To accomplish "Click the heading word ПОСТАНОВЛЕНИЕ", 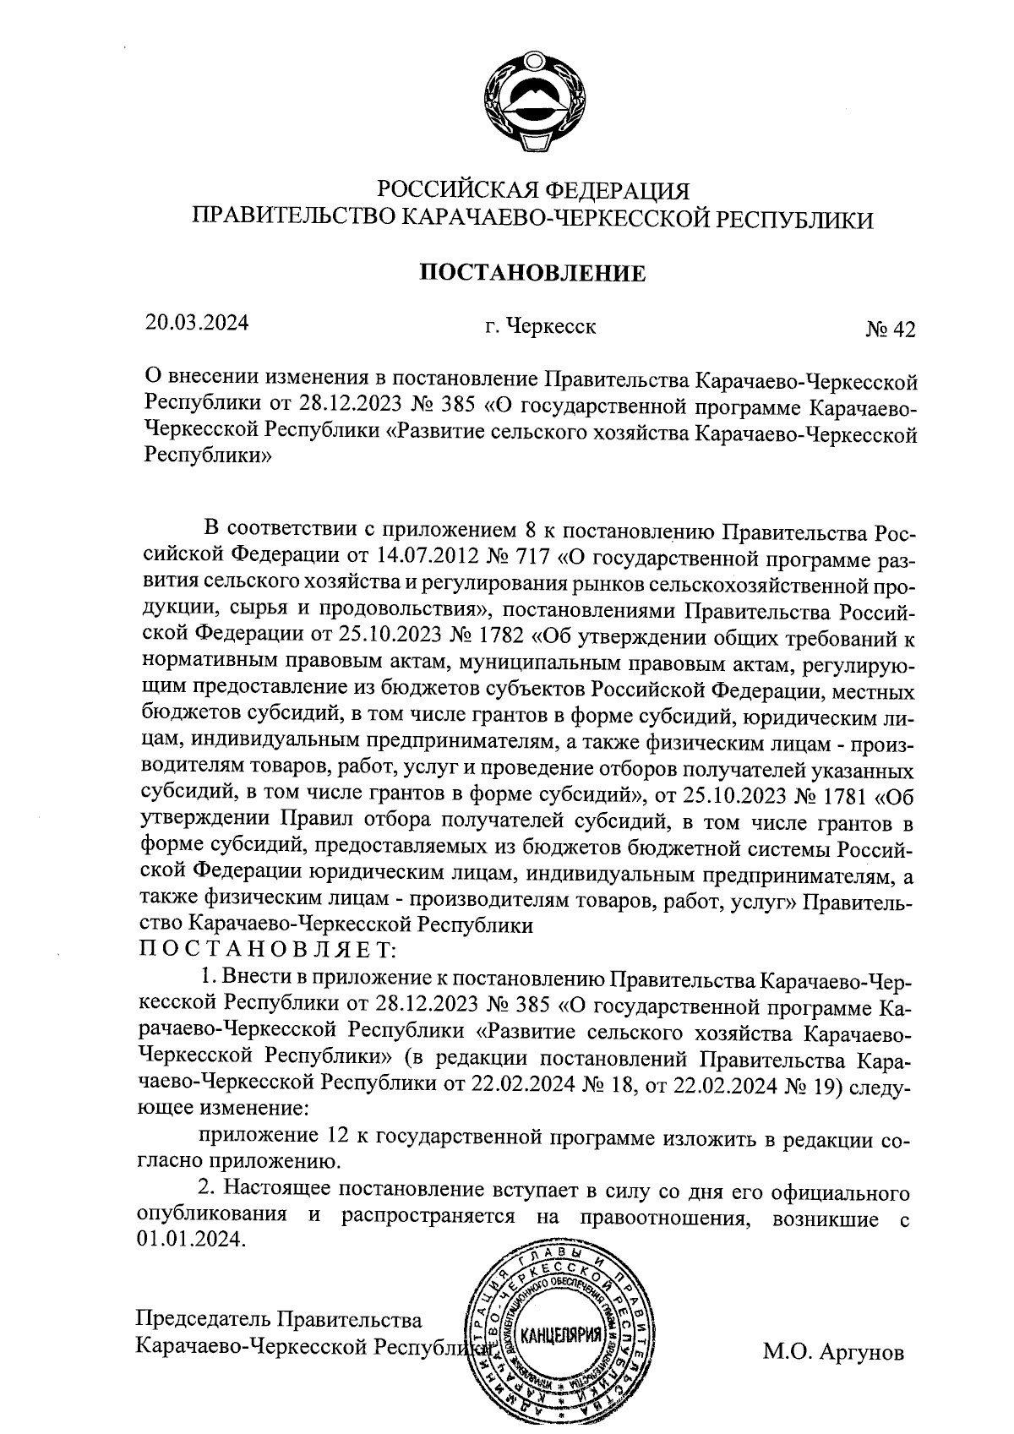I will (533, 273).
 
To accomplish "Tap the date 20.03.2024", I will (197, 323).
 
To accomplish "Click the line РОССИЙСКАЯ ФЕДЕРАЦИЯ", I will (533, 189).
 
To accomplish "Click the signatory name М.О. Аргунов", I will (833, 1352).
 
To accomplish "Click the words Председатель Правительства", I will (280, 1319).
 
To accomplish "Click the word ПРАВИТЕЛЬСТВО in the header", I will (292, 219).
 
